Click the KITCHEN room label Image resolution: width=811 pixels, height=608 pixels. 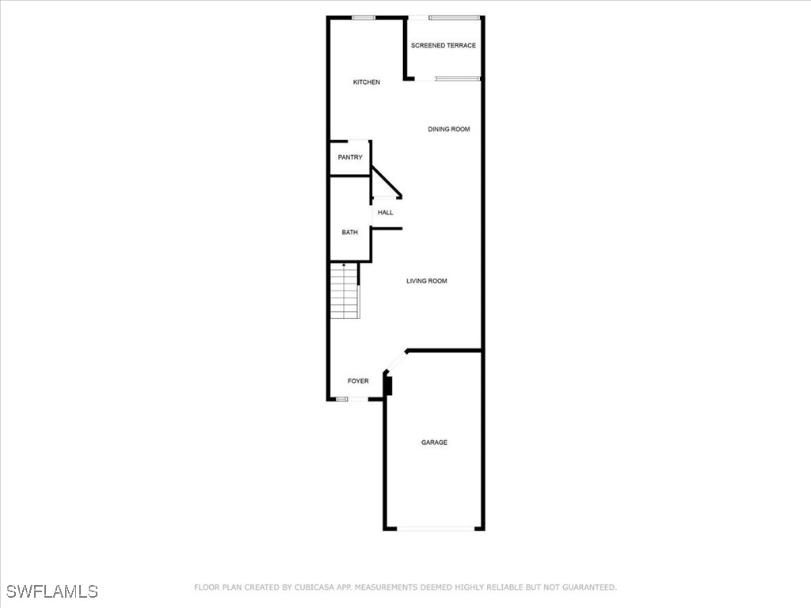tap(366, 82)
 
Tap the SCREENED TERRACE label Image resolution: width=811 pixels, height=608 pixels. tap(444, 45)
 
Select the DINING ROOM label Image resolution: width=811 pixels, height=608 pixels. tap(449, 129)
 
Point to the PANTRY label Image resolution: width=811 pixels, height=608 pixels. tap(350, 158)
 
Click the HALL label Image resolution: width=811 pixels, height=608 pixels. tap(386, 212)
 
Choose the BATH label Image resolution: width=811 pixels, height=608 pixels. tap(349, 232)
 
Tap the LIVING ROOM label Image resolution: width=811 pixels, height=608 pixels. tap(427, 281)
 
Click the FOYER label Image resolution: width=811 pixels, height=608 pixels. tap(358, 381)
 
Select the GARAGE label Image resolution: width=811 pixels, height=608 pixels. tap(435, 443)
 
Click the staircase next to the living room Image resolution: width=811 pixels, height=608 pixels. tap(345, 291)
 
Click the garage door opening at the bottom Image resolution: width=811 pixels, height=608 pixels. tap(436, 529)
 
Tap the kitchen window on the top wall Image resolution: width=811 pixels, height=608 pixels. tap(363, 17)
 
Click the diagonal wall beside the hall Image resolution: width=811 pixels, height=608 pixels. tap(386, 183)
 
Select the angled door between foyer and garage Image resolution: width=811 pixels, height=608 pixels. tap(395, 361)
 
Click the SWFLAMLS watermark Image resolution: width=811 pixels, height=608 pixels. tap(51, 591)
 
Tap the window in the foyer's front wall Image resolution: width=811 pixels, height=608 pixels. tap(342, 399)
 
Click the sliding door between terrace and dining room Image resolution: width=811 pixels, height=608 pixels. tap(457, 78)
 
